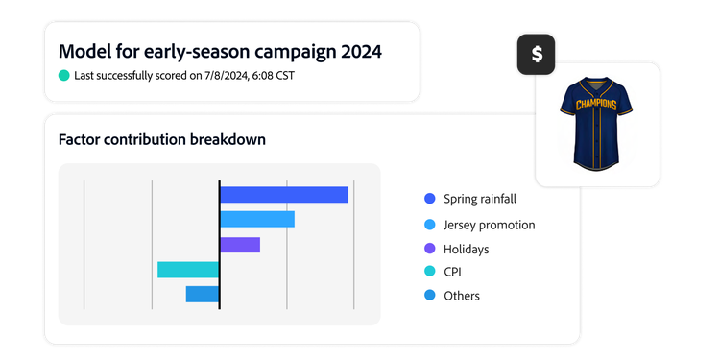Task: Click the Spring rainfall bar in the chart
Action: [283, 195]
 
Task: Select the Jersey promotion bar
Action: [256, 219]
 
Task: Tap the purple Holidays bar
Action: [240, 245]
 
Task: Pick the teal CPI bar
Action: [188, 270]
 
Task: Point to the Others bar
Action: [203, 294]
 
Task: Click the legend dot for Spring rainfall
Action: [430, 199]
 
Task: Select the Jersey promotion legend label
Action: [489, 225]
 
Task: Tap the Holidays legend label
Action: [466, 249]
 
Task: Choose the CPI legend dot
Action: [430, 272]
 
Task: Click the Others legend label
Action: [462, 296]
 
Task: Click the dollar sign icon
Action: [537, 55]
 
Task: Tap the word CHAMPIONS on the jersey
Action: [597, 104]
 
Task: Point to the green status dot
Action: [64, 75]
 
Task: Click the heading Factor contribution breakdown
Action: [162, 140]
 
